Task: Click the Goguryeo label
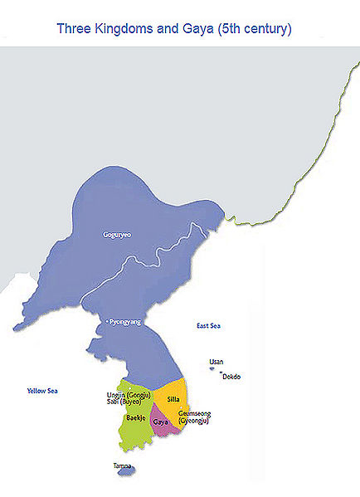pyautogui.click(x=117, y=235)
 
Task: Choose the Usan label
pyautogui.click(x=216, y=362)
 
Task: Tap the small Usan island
pyautogui.click(x=212, y=369)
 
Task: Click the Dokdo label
pyautogui.click(x=232, y=377)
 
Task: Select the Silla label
pyautogui.click(x=173, y=399)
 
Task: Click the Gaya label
pyautogui.click(x=162, y=421)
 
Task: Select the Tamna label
pyautogui.click(x=122, y=465)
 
